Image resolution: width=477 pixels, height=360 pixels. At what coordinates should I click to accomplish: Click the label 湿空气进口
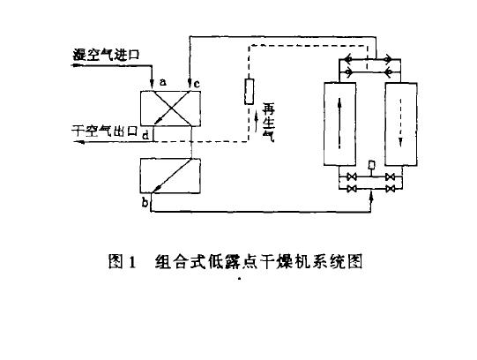click(106, 55)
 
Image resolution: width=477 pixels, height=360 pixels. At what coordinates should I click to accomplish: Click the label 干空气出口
click(105, 131)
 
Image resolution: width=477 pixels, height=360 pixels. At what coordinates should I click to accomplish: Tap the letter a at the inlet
click(163, 81)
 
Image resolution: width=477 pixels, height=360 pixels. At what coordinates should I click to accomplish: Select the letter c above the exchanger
click(197, 84)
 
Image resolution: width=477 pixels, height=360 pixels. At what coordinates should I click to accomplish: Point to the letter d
click(146, 135)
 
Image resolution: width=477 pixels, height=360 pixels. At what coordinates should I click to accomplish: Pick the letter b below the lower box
click(145, 202)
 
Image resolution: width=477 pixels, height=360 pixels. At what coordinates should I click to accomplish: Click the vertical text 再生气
click(268, 123)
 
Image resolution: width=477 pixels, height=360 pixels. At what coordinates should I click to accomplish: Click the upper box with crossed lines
click(170, 109)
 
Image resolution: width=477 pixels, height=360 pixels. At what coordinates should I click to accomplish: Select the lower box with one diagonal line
click(170, 176)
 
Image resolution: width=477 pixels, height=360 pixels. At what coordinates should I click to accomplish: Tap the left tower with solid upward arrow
click(339, 124)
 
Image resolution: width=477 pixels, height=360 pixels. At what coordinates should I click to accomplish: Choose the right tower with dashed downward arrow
click(401, 124)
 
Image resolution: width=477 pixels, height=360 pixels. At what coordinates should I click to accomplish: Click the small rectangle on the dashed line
click(250, 91)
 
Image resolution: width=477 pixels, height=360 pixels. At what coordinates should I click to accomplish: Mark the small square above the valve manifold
click(371, 165)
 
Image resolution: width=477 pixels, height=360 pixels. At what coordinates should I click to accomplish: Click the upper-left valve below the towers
click(352, 176)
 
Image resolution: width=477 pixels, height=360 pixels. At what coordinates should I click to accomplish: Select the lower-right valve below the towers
click(390, 189)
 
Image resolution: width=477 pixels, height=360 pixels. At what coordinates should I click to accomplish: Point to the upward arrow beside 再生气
click(257, 121)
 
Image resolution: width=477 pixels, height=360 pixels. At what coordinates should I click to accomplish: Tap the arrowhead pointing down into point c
click(190, 83)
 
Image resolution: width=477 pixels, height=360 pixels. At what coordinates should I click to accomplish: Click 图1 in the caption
click(122, 261)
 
